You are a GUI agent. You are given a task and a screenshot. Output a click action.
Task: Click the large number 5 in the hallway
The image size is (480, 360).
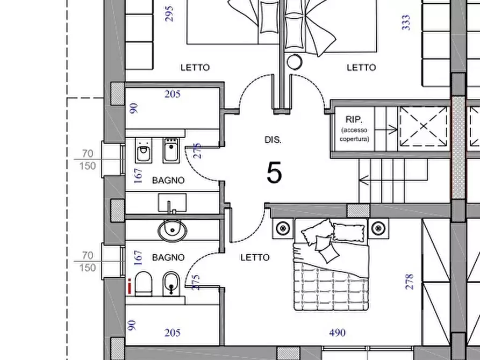pos(274,173)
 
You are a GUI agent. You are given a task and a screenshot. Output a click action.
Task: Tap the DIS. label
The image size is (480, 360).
pos(273,140)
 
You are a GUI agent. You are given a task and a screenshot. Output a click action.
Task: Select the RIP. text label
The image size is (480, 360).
pos(354,119)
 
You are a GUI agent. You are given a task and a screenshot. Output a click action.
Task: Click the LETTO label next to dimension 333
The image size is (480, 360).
pos(361,67)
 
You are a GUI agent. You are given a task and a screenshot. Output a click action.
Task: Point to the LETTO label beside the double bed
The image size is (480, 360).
pos(255,257)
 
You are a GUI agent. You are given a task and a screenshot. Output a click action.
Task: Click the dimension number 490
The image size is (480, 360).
pos(338,333)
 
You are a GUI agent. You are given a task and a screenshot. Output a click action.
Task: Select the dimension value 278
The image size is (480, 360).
pos(409,282)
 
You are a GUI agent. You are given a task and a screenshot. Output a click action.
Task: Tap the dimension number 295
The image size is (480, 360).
pos(169,14)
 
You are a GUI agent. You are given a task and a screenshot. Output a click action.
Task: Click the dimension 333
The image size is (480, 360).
pos(406,23)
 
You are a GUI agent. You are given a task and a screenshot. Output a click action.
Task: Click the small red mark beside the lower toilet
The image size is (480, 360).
pos(130,286)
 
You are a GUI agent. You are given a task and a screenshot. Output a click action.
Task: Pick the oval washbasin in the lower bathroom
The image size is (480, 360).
pos(173,231)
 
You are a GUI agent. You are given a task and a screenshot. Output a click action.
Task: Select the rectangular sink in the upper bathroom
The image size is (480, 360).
pos(172,203)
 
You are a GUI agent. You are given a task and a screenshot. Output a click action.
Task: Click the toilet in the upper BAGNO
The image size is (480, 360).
pos(144,150)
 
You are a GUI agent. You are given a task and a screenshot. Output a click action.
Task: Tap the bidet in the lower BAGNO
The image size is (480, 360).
pos(171,284)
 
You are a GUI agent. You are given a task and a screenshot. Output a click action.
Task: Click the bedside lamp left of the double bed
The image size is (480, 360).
pos(283,228)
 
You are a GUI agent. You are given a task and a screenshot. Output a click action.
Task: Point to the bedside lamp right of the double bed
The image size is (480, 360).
pos(378,228)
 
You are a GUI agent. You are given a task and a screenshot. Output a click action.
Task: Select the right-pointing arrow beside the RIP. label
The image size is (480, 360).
pos(386,130)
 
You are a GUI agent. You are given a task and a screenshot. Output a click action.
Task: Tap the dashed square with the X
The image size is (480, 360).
pos(424,126)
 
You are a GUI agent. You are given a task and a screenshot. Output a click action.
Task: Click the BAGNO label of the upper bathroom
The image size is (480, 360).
pos(168,181)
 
